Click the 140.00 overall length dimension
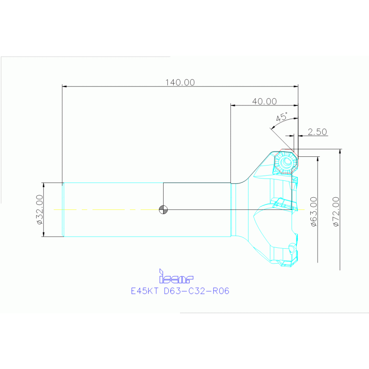(x=180, y=82)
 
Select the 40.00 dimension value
(x=264, y=102)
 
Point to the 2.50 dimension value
(x=318, y=131)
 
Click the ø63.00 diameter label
(x=313, y=212)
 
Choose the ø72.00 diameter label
(x=335, y=212)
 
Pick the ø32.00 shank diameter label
(x=39, y=210)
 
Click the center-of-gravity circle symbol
(x=164, y=209)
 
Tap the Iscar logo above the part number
(x=176, y=277)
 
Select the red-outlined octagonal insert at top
(x=286, y=162)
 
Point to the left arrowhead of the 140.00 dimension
(x=65, y=87)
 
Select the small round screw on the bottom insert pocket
(x=292, y=248)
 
